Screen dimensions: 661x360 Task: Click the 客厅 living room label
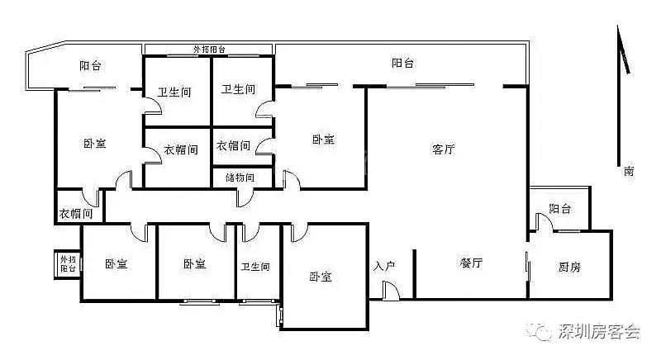444,149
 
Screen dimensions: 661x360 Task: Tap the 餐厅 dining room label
471,263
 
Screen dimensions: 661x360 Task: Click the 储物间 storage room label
234,178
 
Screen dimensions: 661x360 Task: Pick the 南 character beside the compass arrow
629,172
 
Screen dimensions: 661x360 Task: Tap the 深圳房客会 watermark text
600,332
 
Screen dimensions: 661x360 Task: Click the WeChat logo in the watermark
543,332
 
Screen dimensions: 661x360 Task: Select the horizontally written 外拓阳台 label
210,50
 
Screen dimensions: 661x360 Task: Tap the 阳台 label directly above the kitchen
561,209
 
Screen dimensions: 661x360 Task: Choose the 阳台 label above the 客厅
402,64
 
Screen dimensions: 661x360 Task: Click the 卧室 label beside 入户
321,277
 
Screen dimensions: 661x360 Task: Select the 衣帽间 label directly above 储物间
234,146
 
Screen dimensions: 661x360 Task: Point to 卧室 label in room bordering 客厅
322,140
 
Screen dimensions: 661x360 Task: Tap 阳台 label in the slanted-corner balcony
90,66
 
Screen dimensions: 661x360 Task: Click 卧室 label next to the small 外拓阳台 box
116,264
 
